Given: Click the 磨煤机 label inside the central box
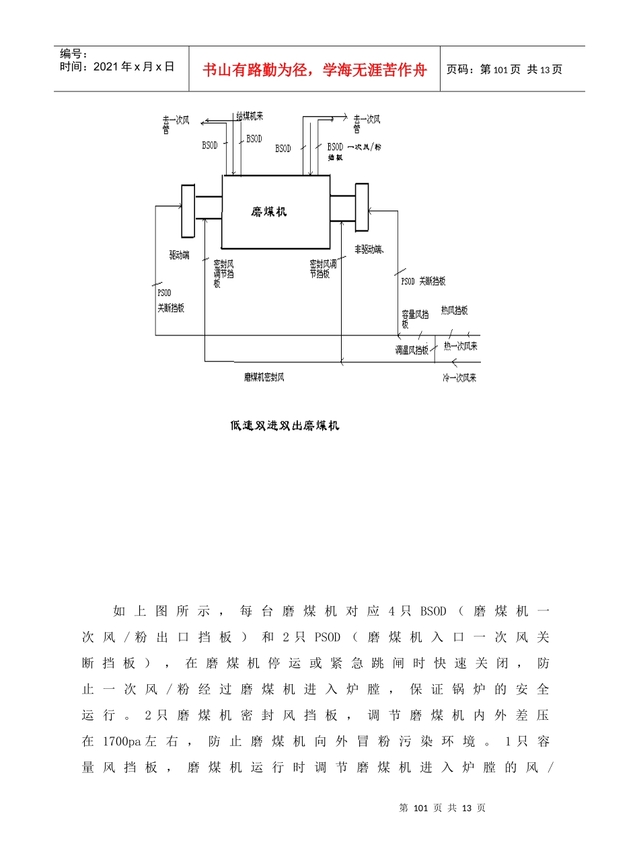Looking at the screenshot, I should point(269,212).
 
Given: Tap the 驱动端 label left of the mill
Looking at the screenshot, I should point(179,255).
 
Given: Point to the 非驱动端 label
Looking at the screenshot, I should point(369,250).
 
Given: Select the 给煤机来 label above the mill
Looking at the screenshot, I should point(250,117).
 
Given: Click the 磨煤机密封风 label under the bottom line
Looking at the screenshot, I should point(264,377).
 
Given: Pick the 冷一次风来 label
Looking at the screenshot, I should point(459,378).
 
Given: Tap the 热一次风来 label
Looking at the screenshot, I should point(460,346).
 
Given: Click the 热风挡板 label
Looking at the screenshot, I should point(454,311).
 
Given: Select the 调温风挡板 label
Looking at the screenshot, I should point(412,350).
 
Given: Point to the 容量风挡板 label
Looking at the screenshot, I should point(414,318).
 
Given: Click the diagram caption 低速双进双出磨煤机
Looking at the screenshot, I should point(285,425).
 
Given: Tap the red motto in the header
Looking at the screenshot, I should point(315,70).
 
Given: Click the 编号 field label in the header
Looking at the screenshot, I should point(70,54).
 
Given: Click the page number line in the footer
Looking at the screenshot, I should point(442,808).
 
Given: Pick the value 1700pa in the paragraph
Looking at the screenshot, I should point(122,741).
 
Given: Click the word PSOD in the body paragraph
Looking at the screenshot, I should point(328,637).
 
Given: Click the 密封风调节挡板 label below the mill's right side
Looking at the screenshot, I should point(322,269).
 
